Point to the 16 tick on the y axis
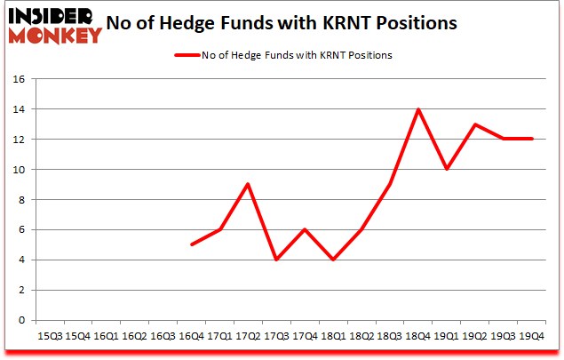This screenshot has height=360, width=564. (x=17, y=79)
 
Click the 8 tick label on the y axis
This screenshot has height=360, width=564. (x=20, y=200)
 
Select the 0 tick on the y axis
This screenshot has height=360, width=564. (x=20, y=321)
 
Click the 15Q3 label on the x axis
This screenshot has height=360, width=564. (x=50, y=336)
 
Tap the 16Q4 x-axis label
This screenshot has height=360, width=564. (x=191, y=336)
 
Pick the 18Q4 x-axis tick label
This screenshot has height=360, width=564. (x=417, y=336)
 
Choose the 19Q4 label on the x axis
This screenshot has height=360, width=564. (x=531, y=336)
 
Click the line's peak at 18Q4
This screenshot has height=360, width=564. (x=417, y=109)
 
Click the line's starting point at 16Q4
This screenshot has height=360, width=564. (x=191, y=245)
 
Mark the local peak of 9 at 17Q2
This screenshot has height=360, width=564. (x=248, y=185)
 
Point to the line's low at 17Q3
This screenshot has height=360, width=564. (x=276, y=260)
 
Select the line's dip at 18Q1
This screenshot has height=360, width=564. (x=333, y=260)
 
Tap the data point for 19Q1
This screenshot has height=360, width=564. (x=446, y=170)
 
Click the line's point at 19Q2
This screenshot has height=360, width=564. (x=474, y=124)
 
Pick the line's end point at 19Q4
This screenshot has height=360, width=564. (x=531, y=140)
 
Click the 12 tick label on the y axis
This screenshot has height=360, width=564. (x=17, y=140)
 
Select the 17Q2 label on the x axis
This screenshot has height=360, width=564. (x=248, y=336)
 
